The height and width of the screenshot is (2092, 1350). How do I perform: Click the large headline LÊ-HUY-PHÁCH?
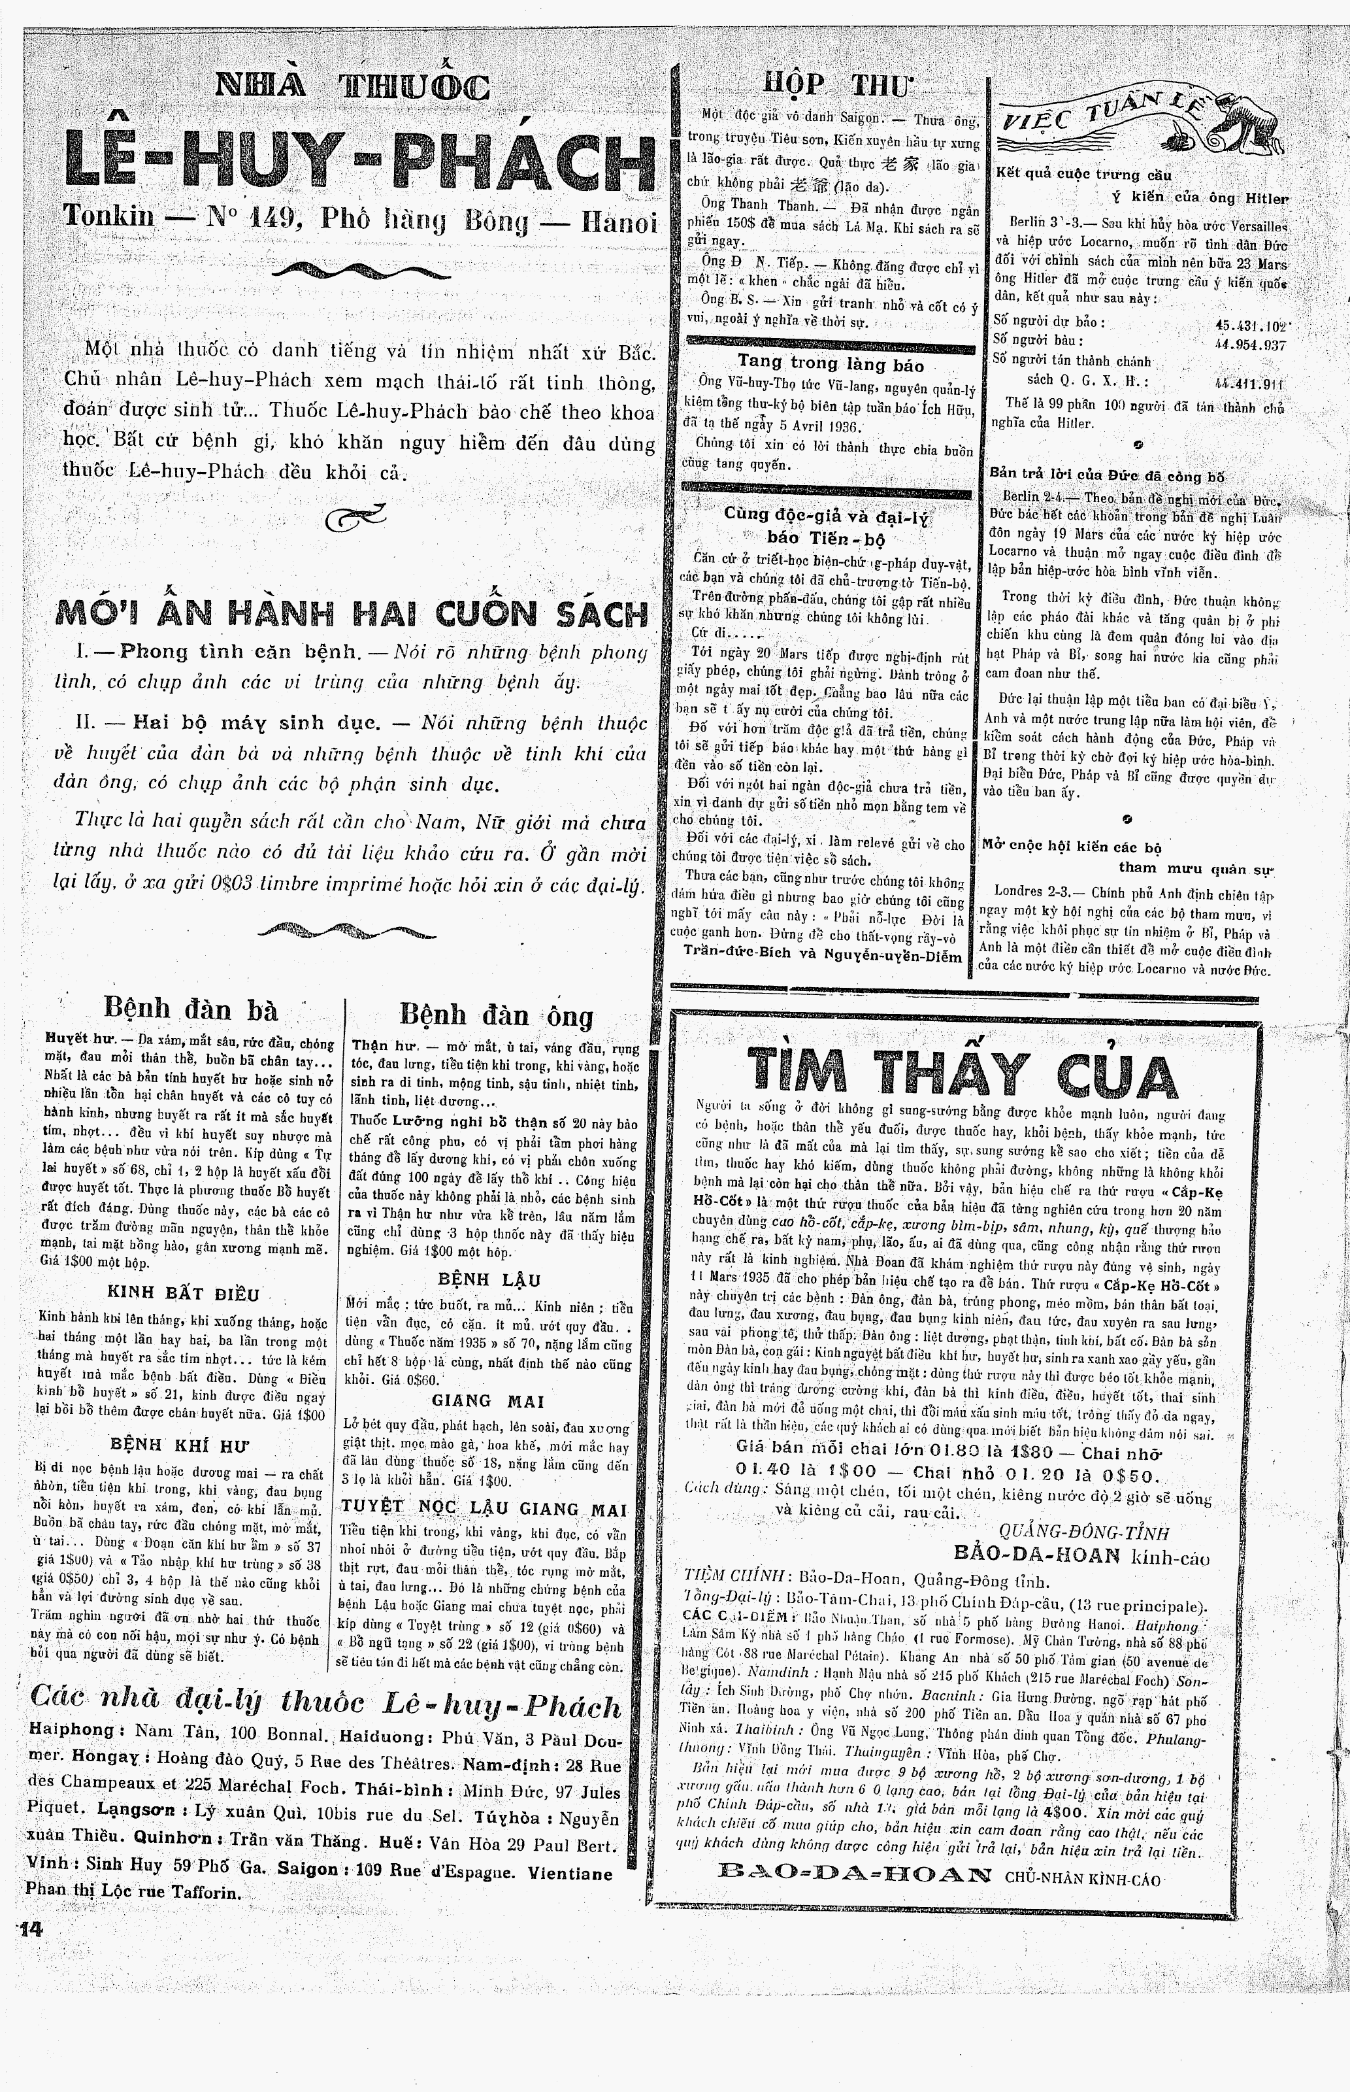click(x=359, y=162)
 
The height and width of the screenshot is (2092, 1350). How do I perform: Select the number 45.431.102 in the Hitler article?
click(x=1249, y=324)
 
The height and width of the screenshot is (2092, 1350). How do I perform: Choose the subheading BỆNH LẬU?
click(x=489, y=1279)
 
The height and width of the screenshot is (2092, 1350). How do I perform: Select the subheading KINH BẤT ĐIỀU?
click(x=183, y=1293)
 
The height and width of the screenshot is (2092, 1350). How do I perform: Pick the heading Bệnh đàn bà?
click(x=190, y=1010)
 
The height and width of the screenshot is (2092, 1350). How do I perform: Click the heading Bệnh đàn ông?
click(x=496, y=1016)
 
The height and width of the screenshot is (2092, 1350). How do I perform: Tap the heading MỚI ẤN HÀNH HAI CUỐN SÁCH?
click(x=351, y=612)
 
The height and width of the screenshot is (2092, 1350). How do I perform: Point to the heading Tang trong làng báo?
click(x=830, y=364)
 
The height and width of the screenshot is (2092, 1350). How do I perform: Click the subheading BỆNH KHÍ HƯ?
click(x=182, y=1444)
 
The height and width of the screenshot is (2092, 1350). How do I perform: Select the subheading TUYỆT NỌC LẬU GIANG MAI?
click(x=484, y=1508)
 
